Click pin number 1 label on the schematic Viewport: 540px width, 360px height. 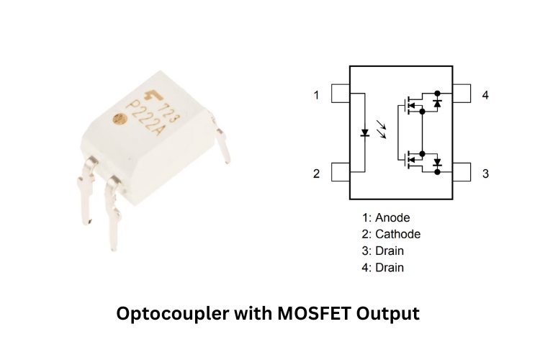315,95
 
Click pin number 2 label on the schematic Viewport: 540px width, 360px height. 315,174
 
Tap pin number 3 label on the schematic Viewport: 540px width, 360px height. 485,174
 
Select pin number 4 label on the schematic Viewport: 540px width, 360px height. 485,95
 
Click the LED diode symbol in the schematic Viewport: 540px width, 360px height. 365,133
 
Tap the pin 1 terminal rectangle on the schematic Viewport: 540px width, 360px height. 340,94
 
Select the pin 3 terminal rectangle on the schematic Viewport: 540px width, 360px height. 461,173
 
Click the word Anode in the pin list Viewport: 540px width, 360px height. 392,217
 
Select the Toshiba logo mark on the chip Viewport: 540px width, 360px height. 153,97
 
